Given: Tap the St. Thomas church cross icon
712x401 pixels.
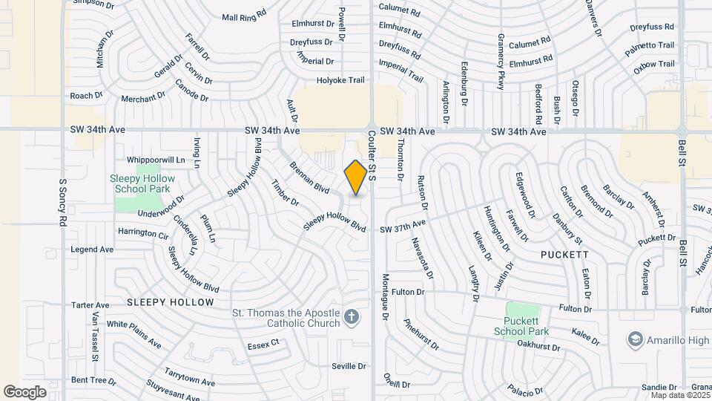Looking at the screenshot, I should pos(352,319).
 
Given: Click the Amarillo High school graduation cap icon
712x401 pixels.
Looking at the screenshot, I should pos(635,339).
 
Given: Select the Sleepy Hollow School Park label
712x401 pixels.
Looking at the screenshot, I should pos(142,183).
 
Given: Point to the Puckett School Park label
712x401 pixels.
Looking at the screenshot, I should pos(533,326).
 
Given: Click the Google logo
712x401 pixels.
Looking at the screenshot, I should pos(24,391).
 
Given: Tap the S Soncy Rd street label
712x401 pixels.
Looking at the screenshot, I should pos(63,203).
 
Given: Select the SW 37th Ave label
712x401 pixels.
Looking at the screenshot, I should pos(403,224).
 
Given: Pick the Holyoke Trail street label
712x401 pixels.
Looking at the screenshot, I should pos(341,80).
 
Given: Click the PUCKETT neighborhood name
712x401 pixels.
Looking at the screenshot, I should pos(565,254).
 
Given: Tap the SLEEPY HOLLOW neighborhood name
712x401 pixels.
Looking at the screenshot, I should pos(170,302).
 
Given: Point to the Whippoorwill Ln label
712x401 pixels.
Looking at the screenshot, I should pos(156,160).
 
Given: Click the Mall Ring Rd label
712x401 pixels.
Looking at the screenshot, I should pos(243,16).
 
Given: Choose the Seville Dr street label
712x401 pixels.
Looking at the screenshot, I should pos(349,366).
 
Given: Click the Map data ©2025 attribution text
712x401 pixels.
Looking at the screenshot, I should pos(680,394).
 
